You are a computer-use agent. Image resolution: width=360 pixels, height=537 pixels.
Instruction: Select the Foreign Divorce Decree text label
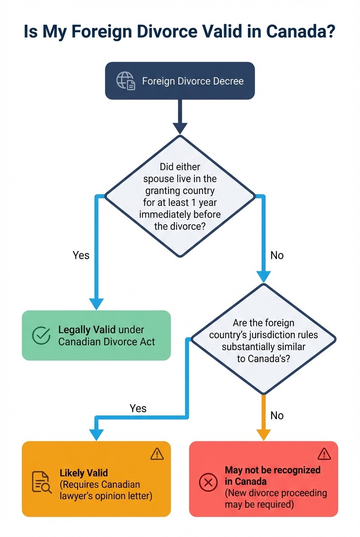tap(193, 81)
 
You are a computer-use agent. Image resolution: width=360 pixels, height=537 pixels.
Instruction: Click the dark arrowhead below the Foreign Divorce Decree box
tap(180, 128)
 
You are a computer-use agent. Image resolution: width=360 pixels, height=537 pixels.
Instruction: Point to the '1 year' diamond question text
tap(180, 197)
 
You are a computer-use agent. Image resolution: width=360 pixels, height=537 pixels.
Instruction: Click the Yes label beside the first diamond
tap(81, 255)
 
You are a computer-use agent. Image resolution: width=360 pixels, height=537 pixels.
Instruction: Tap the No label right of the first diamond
tap(277, 255)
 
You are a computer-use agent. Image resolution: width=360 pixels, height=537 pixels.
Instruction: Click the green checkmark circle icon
tap(41, 335)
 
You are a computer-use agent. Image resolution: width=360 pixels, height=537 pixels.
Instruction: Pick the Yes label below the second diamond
tap(138, 408)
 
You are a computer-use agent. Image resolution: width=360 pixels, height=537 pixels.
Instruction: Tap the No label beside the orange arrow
tap(277, 415)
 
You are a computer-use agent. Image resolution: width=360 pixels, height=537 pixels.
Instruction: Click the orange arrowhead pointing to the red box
tap(263, 435)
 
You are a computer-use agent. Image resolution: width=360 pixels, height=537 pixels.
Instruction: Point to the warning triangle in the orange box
tap(157, 453)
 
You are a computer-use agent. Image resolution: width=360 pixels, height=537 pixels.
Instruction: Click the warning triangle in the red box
tap(324, 453)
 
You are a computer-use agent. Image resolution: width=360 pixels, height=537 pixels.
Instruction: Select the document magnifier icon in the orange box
tap(42, 482)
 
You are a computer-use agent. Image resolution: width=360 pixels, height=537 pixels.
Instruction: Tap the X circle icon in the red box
tap(208, 482)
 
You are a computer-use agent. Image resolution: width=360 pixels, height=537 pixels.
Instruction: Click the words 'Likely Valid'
tap(84, 473)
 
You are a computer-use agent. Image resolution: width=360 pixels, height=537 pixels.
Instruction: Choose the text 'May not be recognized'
tap(273, 470)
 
